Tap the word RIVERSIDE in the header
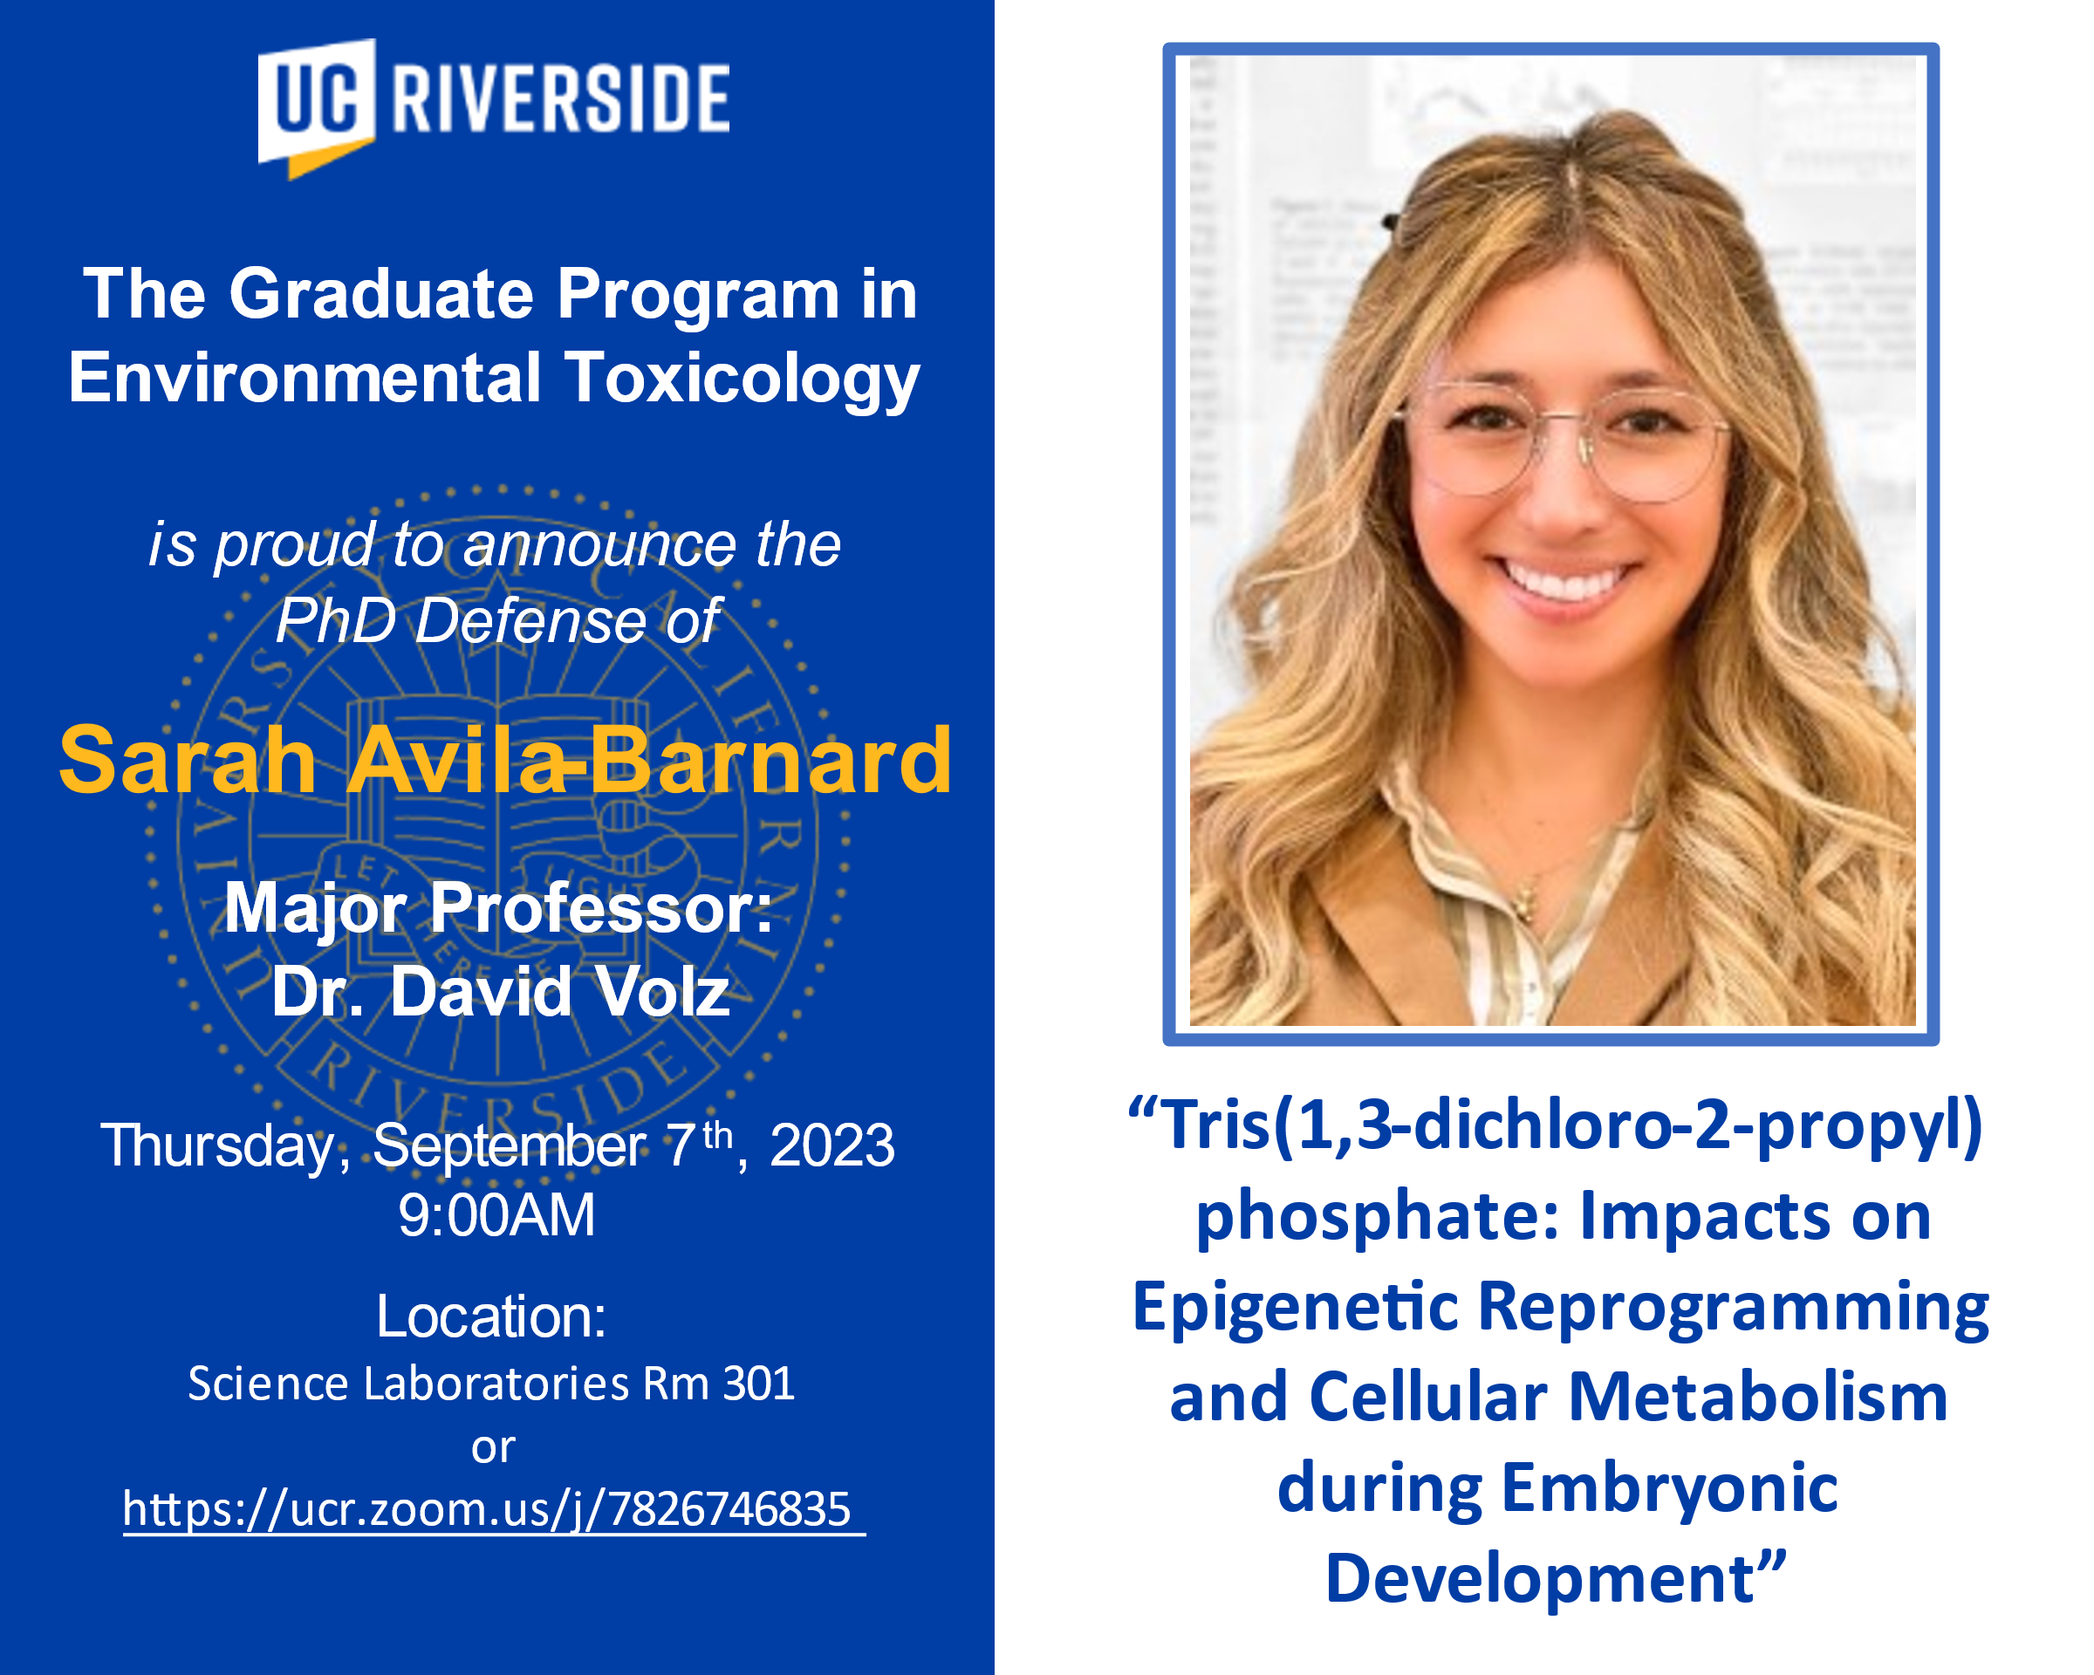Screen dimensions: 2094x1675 [x=560, y=98]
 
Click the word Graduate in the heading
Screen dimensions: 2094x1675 [x=380, y=293]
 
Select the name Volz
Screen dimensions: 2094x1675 [x=662, y=991]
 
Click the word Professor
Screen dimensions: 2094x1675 [x=601, y=909]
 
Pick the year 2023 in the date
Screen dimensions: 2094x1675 [x=831, y=1145]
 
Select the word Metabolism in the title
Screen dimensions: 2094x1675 [x=1759, y=1398]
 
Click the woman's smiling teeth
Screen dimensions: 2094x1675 [x=1565, y=583]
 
